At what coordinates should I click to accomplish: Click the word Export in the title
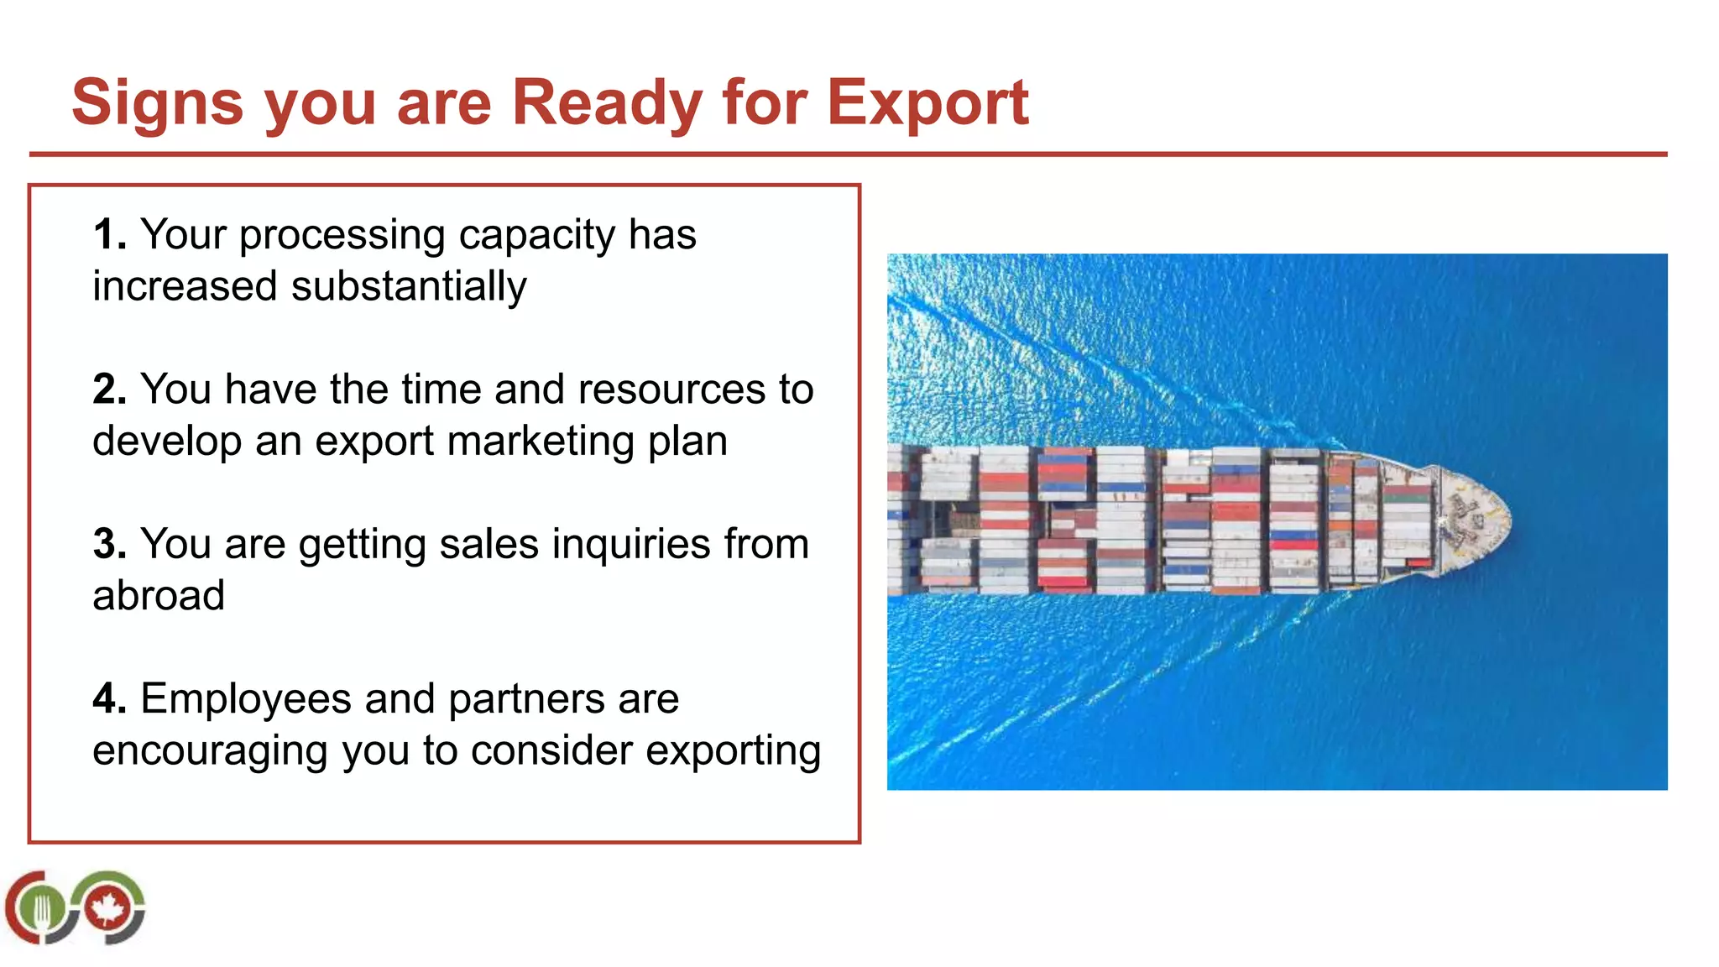click(x=927, y=103)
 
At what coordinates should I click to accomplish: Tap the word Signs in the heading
click(x=157, y=103)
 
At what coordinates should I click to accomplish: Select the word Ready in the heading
click(x=607, y=103)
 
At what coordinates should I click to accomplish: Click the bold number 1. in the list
click(x=110, y=234)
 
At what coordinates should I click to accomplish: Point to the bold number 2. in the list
click(x=110, y=389)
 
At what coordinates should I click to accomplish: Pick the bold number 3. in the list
click(x=110, y=544)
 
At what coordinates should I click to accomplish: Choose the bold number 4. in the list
click(x=110, y=699)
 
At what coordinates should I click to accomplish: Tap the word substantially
click(x=409, y=287)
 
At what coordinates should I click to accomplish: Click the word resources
click(x=671, y=389)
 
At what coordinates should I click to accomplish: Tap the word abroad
click(x=159, y=596)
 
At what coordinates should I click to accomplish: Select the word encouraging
click(x=210, y=751)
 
